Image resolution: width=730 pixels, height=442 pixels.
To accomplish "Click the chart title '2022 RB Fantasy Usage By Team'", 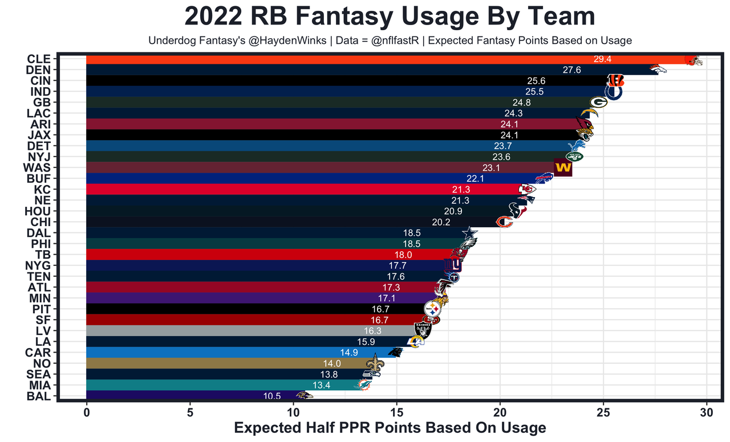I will [390, 16].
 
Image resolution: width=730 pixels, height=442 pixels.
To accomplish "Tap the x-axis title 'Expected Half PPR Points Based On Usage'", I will [390, 428].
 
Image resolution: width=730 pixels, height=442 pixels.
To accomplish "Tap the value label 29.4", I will [602, 59].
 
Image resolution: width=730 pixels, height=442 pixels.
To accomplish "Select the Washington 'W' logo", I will [562, 168].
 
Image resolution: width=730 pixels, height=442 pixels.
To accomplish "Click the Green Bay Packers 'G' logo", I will [598, 103].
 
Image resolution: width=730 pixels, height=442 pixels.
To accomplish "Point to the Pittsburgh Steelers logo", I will [433, 309].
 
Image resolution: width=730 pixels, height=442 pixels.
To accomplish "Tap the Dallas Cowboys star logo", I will [468, 233].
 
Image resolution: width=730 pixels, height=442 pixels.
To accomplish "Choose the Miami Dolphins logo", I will [362, 386].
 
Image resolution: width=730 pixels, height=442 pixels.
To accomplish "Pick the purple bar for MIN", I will [228, 298].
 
